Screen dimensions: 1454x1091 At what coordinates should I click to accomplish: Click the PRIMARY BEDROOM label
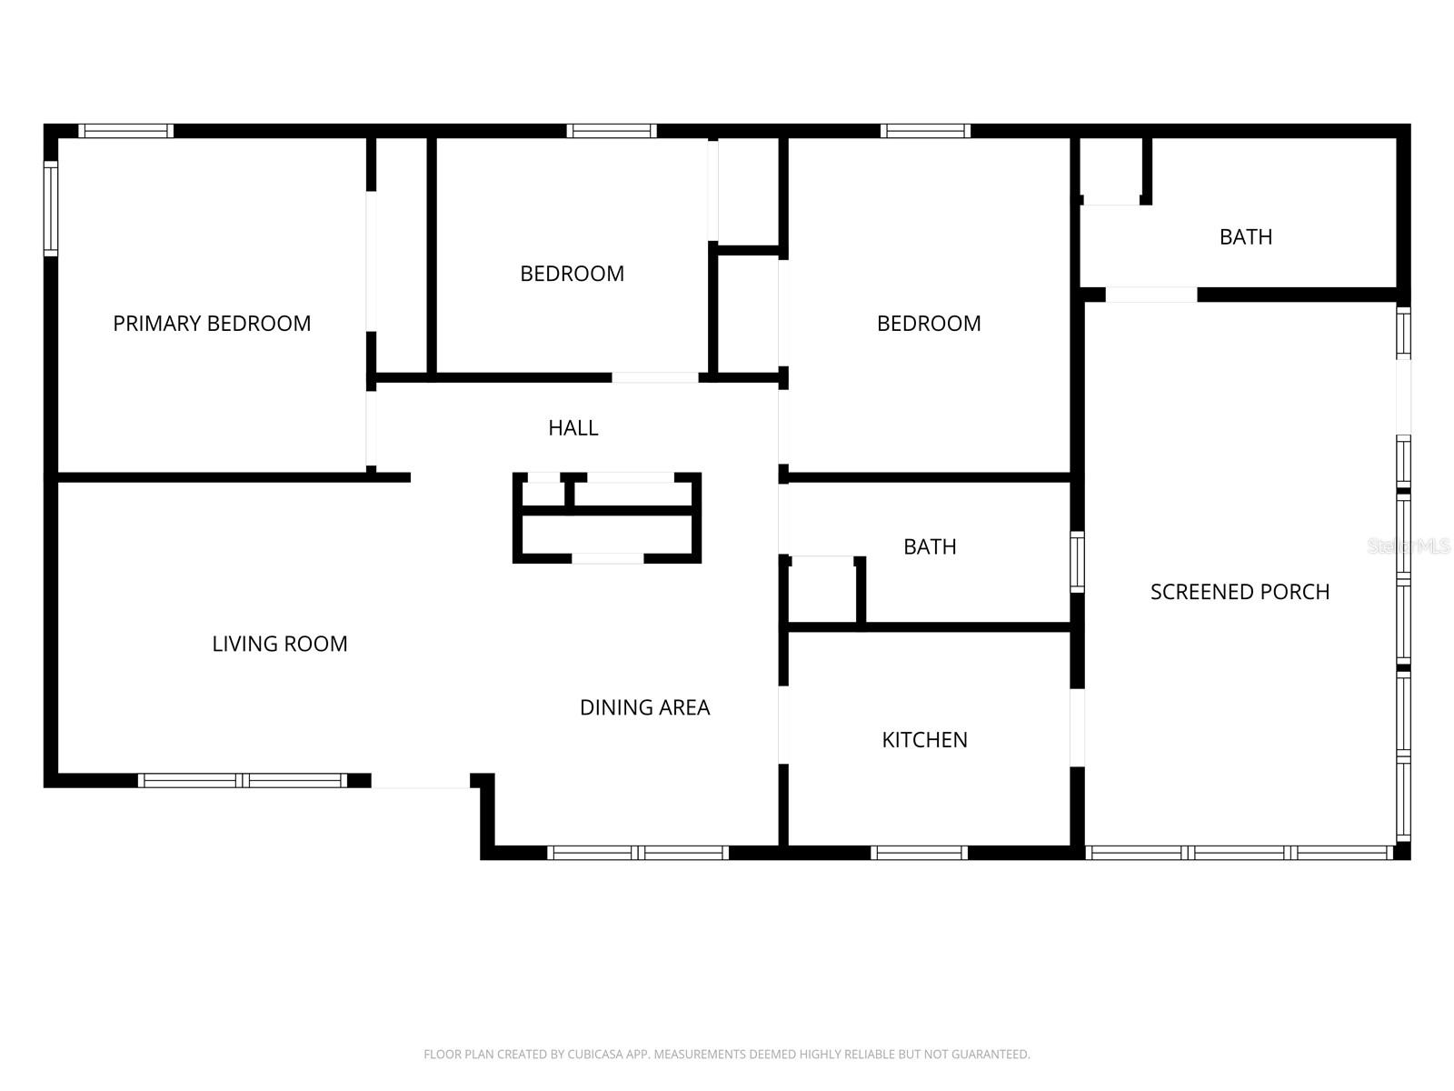pos(212,324)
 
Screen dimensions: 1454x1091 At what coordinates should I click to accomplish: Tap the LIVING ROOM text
pos(280,643)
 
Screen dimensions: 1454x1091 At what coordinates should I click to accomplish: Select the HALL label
pos(573,428)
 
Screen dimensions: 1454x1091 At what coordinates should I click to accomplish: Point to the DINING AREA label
pos(644,707)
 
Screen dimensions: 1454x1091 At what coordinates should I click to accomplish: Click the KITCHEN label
pos(924,739)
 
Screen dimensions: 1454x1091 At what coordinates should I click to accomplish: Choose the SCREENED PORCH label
pos(1240,592)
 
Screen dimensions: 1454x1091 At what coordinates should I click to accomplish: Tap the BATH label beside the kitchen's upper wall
pos(930,546)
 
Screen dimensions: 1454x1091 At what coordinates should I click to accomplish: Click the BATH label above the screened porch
pos(1245,236)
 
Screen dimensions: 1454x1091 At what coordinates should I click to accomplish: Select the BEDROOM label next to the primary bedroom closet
pos(572,274)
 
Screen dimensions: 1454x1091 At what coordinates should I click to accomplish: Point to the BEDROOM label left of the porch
pos(929,324)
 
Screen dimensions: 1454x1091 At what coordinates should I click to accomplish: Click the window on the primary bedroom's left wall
pos(51,208)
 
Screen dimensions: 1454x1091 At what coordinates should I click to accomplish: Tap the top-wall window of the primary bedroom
pos(125,131)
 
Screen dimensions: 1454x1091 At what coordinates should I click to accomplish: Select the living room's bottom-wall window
pos(243,780)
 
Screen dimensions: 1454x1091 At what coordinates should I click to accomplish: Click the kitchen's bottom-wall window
pos(919,853)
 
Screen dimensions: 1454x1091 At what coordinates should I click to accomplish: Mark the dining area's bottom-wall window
pos(638,853)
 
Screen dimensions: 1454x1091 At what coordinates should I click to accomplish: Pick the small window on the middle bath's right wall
pos(1077,562)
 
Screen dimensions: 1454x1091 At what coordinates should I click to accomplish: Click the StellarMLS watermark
pos(1409,545)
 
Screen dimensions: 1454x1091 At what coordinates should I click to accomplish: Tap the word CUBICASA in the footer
pos(593,1054)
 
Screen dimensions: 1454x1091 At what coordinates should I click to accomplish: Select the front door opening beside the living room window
pos(421,780)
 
